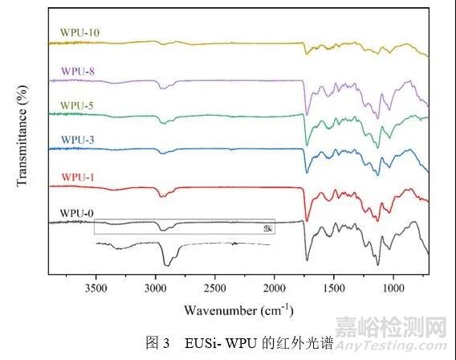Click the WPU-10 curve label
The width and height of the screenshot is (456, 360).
[79, 34]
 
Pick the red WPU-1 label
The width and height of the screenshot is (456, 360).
[75, 177]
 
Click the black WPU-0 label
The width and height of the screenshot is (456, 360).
[75, 212]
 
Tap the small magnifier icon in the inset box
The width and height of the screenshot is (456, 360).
[268, 228]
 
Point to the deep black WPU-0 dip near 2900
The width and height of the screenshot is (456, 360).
[167, 262]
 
